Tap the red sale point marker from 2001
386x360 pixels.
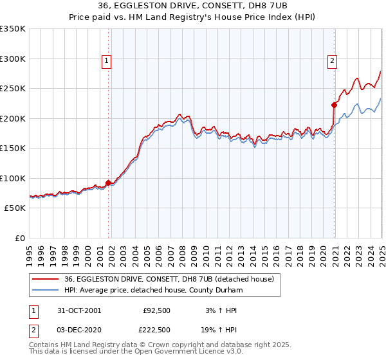(108, 183)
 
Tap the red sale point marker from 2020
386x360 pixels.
(335, 105)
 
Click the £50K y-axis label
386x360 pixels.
(15, 208)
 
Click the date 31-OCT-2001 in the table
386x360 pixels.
(80, 310)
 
